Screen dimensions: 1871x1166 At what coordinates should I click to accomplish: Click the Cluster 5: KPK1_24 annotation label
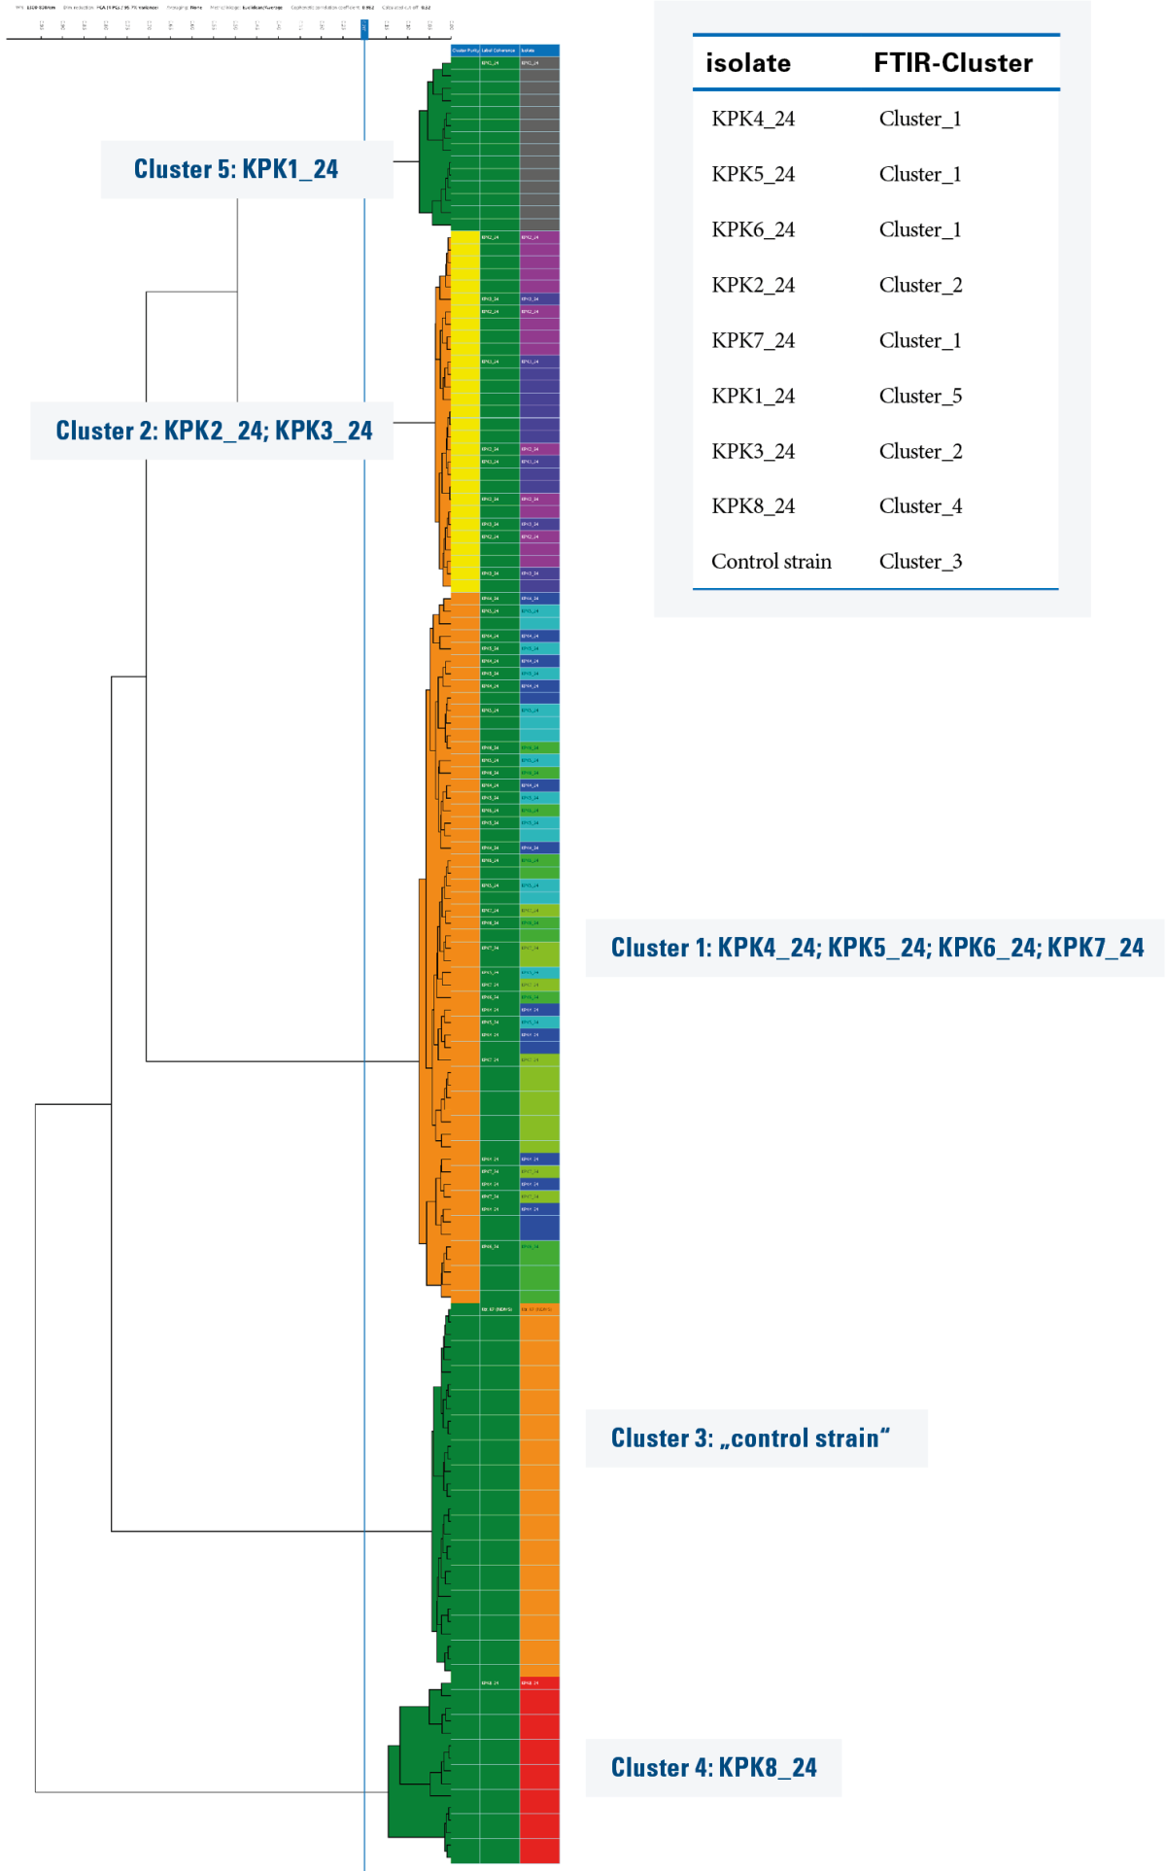tap(236, 169)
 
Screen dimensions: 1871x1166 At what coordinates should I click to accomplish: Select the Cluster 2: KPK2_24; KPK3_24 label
tap(214, 431)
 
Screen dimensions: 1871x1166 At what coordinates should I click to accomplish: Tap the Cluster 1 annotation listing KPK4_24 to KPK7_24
tap(876, 948)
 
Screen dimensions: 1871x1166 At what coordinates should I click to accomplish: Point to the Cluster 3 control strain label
tap(750, 1438)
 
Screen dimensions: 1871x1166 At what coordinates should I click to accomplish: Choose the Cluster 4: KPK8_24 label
tap(713, 1767)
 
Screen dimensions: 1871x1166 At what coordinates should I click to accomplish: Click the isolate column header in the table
tap(748, 63)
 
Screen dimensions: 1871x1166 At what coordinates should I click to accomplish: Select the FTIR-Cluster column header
tap(952, 63)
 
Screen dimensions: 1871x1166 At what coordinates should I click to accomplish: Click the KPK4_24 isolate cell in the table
tap(753, 119)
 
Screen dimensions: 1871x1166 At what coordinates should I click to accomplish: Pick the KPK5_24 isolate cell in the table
tap(753, 174)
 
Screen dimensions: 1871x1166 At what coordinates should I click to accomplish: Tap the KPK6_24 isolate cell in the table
tap(753, 229)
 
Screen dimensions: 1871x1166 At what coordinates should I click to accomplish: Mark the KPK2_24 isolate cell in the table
tap(753, 285)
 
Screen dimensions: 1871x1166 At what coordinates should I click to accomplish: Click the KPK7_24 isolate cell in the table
tap(753, 340)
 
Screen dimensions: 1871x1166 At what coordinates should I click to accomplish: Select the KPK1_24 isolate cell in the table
tap(753, 396)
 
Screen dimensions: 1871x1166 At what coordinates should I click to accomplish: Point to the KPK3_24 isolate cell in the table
tap(753, 451)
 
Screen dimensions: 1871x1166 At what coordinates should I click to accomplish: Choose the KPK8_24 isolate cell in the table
tap(753, 505)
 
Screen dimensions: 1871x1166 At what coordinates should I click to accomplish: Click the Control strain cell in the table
tap(772, 561)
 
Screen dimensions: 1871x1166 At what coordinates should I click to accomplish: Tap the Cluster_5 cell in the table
tap(920, 396)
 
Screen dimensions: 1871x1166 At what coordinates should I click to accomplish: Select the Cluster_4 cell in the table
tap(920, 505)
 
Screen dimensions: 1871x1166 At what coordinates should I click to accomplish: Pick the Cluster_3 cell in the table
tap(920, 561)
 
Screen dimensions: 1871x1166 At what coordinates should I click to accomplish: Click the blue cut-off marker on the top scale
tap(364, 27)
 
